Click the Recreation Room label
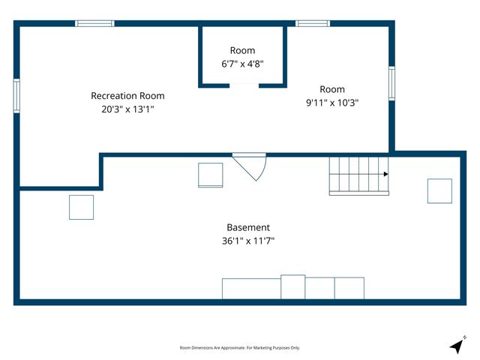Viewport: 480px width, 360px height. point(127,96)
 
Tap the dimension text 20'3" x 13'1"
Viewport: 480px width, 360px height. point(127,109)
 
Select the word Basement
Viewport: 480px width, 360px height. point(248,227)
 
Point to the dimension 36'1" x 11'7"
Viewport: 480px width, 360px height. point(248,241)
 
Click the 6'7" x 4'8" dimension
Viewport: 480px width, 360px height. point(242,64)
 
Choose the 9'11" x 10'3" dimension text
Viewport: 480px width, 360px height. point(332,103)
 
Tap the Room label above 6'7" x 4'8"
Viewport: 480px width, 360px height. point(242,50)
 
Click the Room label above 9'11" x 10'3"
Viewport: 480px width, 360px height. point(332,89)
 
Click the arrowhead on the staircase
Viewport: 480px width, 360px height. point(385,174)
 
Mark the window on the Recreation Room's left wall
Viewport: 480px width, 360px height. point(16,95)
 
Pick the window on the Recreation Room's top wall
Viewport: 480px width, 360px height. point(94,23)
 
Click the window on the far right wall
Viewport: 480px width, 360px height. point(391,83)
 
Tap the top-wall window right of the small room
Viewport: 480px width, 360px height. point(313,23)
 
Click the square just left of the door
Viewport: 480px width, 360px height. point(211,175)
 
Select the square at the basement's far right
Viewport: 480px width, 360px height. point(439,190)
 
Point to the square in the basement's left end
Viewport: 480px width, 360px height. point(81,207)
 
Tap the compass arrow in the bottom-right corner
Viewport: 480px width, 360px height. point(457,345)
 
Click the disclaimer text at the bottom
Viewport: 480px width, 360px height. point(240,348)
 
